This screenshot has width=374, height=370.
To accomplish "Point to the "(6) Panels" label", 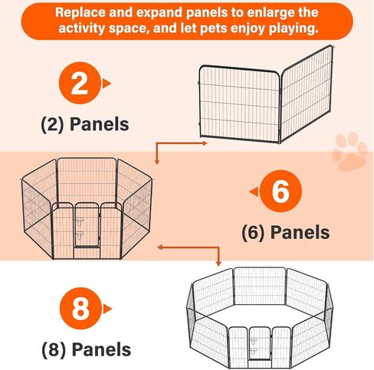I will click(285, 231).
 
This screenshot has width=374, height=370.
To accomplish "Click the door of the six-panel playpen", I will click(88, 227).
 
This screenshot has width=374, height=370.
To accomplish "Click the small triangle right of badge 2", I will click(107, 83).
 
